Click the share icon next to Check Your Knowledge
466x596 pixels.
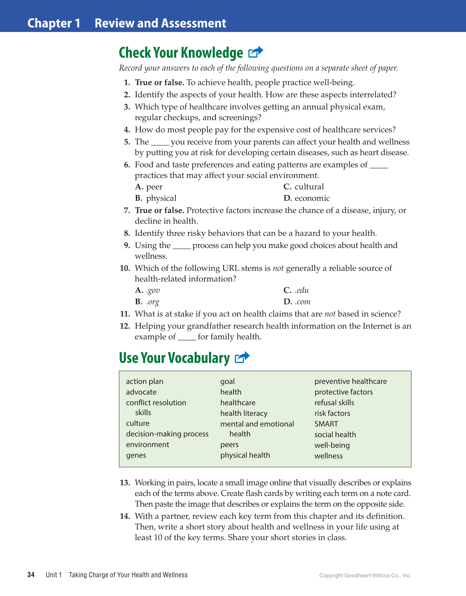tap(255, 52)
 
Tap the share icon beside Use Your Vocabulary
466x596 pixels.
tap(242, 357)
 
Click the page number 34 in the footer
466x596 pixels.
tap(31, 575)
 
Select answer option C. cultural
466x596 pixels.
tap(304, 187)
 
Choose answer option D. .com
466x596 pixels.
tap(297, 302)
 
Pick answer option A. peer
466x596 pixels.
tap(149, 187)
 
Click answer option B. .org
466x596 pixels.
tap(147, 302)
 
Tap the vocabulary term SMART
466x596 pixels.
tap(326, 424)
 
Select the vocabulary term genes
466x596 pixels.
tap(136, 455)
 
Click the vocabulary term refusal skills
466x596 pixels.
tap(334, 403)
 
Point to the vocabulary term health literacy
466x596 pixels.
tap(244, 413)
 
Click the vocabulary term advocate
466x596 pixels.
tap(141, 392)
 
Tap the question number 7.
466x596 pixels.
tap(127, 210)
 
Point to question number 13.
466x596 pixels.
tap(125, 483)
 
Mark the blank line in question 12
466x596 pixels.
tap(187, 339)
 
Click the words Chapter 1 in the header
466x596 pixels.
tap(54, 23)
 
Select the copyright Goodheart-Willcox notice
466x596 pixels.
tap(365, 575)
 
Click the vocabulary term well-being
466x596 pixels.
tap(332, 445)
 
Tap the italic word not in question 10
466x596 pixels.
tap(278, 268)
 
